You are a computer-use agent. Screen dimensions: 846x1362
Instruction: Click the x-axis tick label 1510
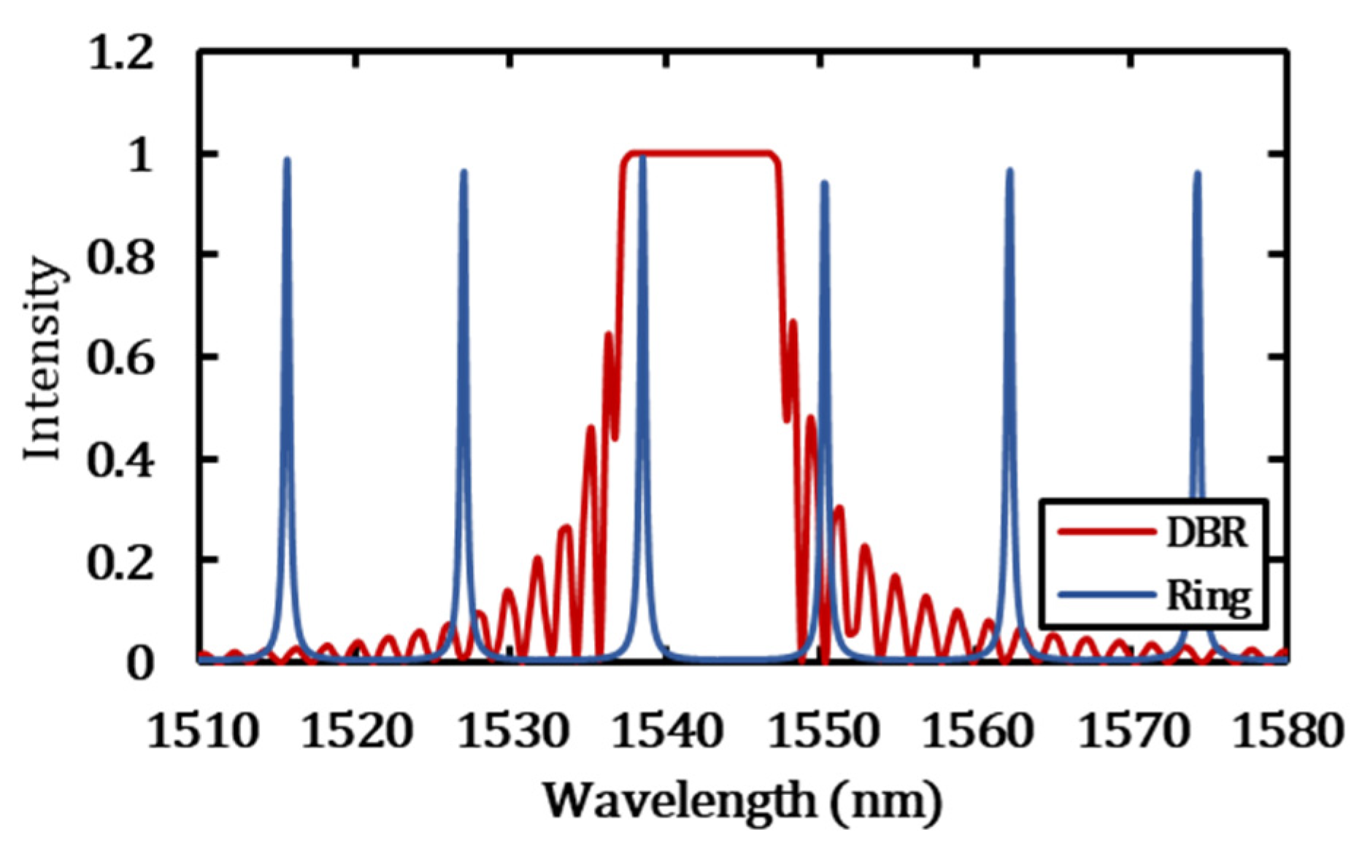point(202,731)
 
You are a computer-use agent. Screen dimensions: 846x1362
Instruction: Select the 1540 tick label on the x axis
point(667,731)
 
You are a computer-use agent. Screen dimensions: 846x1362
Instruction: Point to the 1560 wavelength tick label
point(977,731)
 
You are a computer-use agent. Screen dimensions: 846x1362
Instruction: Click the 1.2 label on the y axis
point(121,55)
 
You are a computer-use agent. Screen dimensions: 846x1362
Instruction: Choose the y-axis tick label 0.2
point(121,562)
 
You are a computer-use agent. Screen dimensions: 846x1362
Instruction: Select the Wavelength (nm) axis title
point(742,801)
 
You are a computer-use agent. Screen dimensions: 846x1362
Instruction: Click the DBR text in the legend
point(1207,532)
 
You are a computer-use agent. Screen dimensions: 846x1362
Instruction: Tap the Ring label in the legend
point(1208,597)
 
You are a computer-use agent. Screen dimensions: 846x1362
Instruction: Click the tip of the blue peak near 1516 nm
point(287,160)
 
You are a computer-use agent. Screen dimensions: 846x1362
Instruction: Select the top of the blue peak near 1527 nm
point(463,172)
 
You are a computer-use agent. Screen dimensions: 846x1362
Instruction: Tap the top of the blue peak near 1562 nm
point(1009,171)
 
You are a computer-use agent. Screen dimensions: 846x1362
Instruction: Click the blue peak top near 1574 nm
point(1197,174)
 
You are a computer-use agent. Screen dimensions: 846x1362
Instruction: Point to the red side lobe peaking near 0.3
point(839,508)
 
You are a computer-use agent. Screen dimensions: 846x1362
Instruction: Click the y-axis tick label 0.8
point(121,257)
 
